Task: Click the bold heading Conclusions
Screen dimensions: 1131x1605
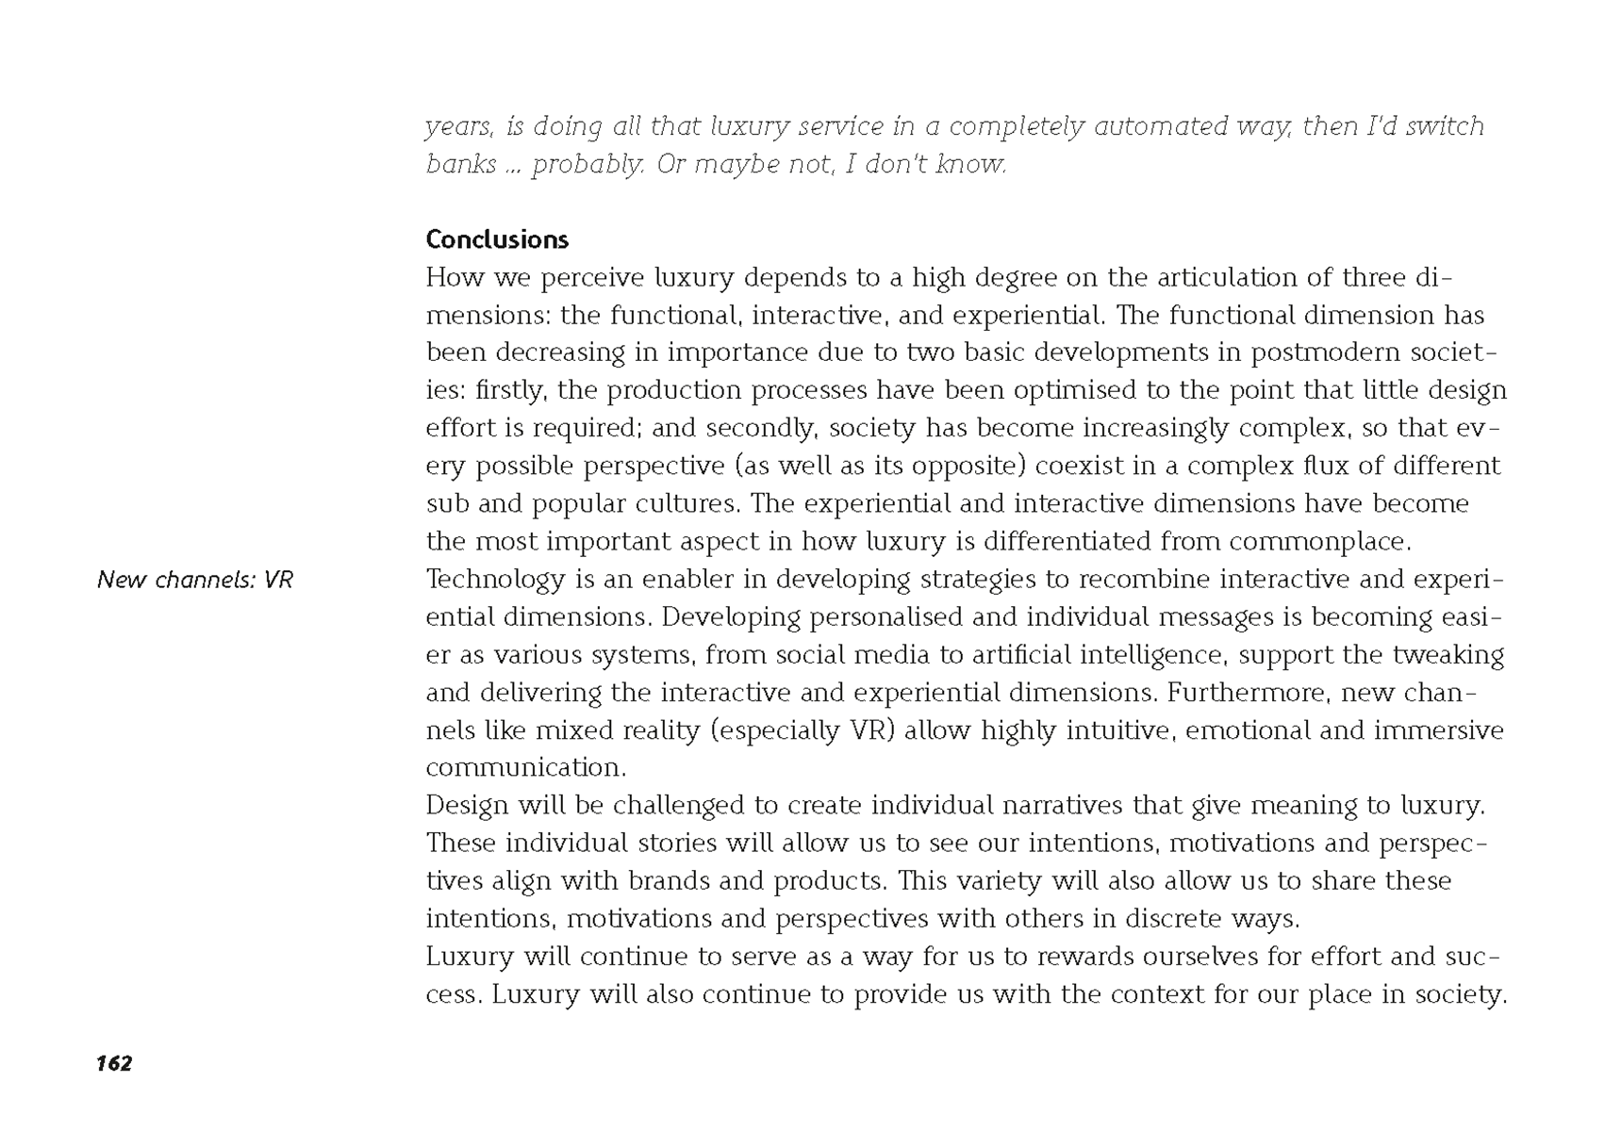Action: pyautogui.click(x=497, y=239)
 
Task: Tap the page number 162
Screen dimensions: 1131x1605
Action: pyautogui.click(x=114, y=1063)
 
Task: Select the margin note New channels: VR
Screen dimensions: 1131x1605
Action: pyautogui.click(x=195, y=580)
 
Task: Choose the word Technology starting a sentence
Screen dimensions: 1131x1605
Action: pyautogui.click(x=495, y=580)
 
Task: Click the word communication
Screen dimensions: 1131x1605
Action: pyautogui.click(x=524, y=768)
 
